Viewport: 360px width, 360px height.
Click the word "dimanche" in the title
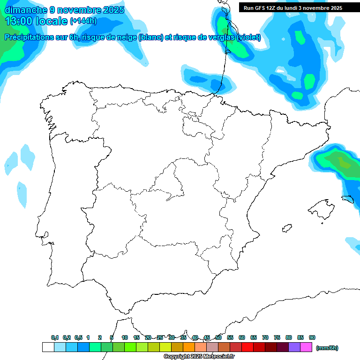coord(26,10)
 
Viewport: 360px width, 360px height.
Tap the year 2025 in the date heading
coord(112,10)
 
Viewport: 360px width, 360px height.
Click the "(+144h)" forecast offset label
coord(83,21)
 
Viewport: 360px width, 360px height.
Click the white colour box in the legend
coord(48,347)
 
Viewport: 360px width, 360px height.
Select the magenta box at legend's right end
coord(306,347)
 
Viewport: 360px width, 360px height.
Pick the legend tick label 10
coord(124,337)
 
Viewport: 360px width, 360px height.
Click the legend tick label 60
coord(242,337)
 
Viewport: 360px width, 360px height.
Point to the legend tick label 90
coord(312,337)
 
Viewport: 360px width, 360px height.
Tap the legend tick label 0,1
coord(54,337)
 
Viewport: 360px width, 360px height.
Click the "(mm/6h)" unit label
coord(327,348)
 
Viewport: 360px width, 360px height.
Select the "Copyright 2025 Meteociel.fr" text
coord(199,356)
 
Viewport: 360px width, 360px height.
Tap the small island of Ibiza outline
coord(286,228)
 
